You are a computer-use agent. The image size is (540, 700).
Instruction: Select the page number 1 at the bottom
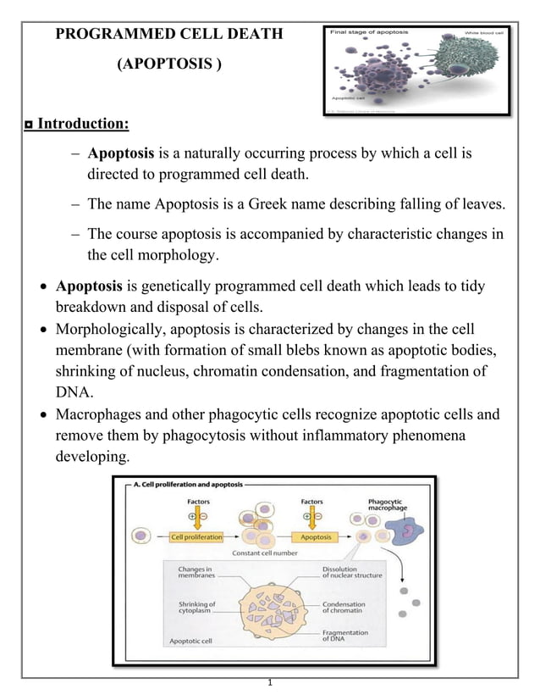[268, 682]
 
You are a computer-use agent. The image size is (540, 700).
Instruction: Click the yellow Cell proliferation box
[196, 537]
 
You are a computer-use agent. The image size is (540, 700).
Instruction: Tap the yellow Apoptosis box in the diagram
[317, 537]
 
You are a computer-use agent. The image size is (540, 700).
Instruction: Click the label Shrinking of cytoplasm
[196, 608]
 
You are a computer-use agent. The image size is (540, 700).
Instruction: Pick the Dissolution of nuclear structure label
[351, 572]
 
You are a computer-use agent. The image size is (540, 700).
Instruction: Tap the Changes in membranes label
[196, 572]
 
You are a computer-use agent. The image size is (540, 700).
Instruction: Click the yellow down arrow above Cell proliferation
[196, 514]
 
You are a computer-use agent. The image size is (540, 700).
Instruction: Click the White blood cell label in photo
[481, 32]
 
